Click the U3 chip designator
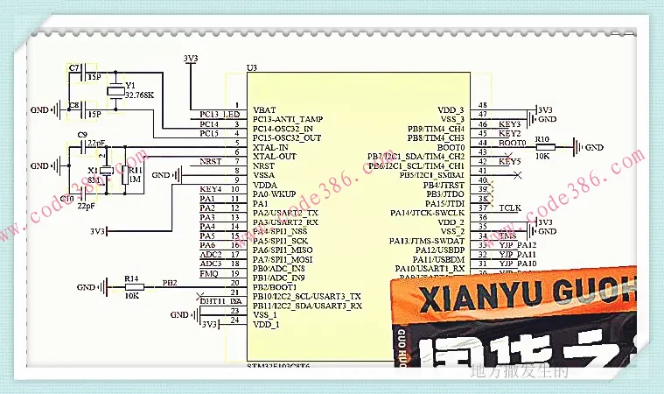[x=252, y=67]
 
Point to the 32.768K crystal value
[x=140, y=95]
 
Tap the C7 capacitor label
[x=73, y=67]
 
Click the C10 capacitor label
[x=67, y=199]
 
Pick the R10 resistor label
[x=542, y=138]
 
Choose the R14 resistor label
[x=132, y=278]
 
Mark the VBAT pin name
[x=264, y=109]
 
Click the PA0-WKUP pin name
[x=276, y=193]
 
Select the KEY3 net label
[x=510, y=124]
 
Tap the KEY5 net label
[x=510, y=162]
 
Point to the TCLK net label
[x=510, y=208]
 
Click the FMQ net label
[x=208, y=274]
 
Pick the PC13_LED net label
[x=220, y=114]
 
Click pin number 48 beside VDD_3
[x=482, y=104]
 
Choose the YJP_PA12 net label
[x=517, y=244]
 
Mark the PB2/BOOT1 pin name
[x=278, y=286]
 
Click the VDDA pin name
[x=266, y=185]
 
